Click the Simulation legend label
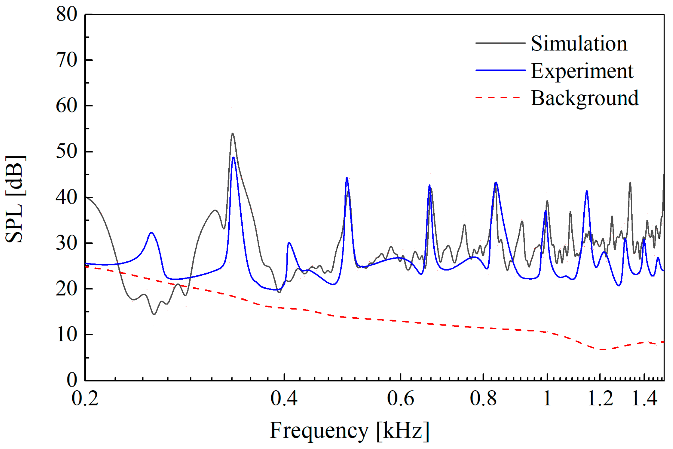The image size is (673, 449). point(579,44)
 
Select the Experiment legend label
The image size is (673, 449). point(582,71)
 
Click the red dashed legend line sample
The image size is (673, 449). point(500,98)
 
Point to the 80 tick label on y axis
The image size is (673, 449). point(66,14)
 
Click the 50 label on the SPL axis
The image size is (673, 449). point(66,151)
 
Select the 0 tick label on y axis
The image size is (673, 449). point(72,380)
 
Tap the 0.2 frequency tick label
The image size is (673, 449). point(85,398)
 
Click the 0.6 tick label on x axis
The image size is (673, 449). point(400,398)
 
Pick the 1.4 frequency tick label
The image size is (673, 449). point(644,398)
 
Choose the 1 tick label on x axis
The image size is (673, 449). point(547,398)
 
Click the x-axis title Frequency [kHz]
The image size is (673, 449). point(349,430)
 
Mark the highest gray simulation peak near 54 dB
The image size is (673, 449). point(232,134)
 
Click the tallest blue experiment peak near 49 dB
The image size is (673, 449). point(233,157)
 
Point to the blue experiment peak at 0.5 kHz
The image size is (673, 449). point(346,178)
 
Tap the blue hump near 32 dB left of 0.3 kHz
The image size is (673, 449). point(151,233)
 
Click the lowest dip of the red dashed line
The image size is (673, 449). point(603,349)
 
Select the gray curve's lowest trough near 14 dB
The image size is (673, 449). point(154,314)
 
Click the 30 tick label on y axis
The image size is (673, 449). point(66,243)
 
